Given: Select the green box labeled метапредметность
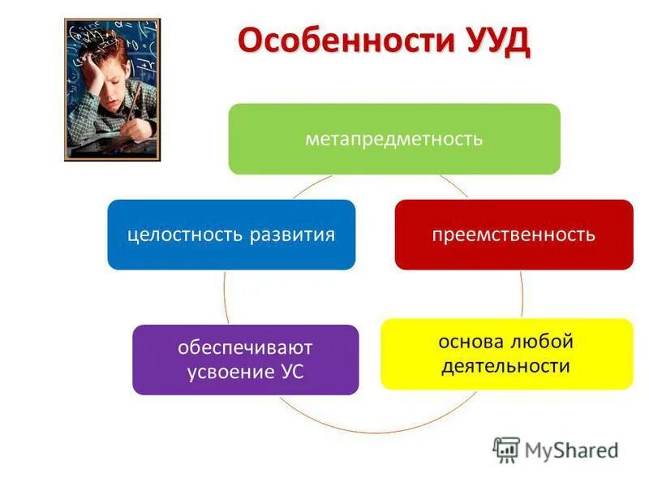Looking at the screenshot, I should [x=394, y=139].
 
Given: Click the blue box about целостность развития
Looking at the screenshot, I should [x=231, y=235].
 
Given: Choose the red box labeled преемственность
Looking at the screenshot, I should [x=514, y=235].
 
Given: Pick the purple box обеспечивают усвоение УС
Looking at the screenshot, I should [x=245, y=360].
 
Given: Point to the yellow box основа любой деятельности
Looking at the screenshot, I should [x=506, y=353].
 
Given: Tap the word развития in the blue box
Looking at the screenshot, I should [x=293, y=235].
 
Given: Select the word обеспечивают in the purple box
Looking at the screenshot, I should [x=246, y=347].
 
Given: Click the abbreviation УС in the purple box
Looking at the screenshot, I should [x=291, y=373].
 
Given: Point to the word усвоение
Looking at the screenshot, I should [x=229, y=373].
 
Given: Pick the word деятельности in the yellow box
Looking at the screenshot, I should [x=506, y=366].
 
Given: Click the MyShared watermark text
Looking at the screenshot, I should [x=571, y=450].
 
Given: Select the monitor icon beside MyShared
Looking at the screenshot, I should [x=506, y=449].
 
